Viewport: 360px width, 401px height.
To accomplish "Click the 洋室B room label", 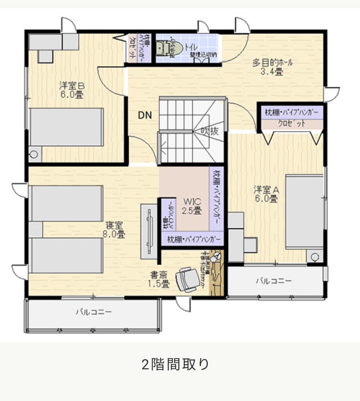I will click(x=72, y=90).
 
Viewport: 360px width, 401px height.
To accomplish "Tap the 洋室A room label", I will click(x=266, y=194).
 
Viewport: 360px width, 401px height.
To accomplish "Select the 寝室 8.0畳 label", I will click(x=114, y=230).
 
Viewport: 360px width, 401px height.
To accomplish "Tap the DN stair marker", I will click(x=145, y=116).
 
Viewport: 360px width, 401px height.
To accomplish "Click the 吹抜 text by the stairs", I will click(x=209, y=131).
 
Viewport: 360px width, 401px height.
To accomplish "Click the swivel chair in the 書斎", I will click(x=187, y=279).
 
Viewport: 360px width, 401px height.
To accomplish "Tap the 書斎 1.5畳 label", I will click(x=159, y=279).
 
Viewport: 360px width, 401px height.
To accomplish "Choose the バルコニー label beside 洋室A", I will click(x=274, y=281).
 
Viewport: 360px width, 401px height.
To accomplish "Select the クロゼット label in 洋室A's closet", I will click(x=292, y=124).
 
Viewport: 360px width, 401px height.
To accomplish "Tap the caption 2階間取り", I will click(x=175, y=364).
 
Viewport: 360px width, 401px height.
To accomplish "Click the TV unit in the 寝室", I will click(x=149, y=231).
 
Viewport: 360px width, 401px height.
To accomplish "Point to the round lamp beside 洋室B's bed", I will click(x=35, y=154).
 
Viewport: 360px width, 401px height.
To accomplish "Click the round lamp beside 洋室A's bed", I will click(x=315, y=257).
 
